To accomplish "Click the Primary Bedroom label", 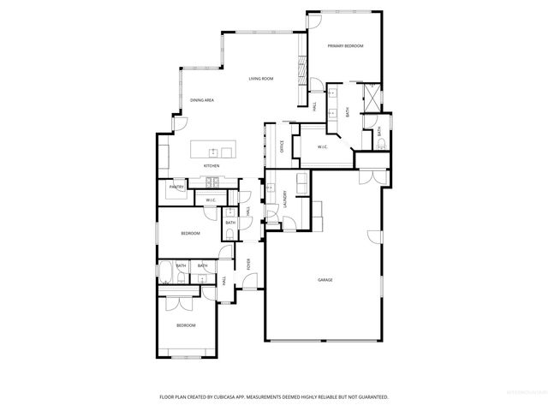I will pyautogui.click(x=345, y=45).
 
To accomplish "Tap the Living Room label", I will pyautogui.click(x=261, y=79).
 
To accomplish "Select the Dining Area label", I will pyautogui.click(x=202, y=100).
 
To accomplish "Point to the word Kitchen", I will pyautogui.click(x=211, y=165).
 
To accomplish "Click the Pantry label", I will pyautogui.click(x=176, y=187).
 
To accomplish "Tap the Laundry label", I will pyautogui.click(x=284, y=200).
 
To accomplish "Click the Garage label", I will pyautogui.click(x=325, y=280).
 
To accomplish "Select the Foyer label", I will pyautogui.click(x=248, y=264).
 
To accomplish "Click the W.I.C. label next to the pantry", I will pyautogui.click(x=210, y=200).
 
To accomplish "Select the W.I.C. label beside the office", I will pyautogui.click(x=323, y=147).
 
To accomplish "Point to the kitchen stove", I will pyautogui.click(x=210, y=181).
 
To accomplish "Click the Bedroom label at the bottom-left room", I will pyautogui.click(x=186, y=325).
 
